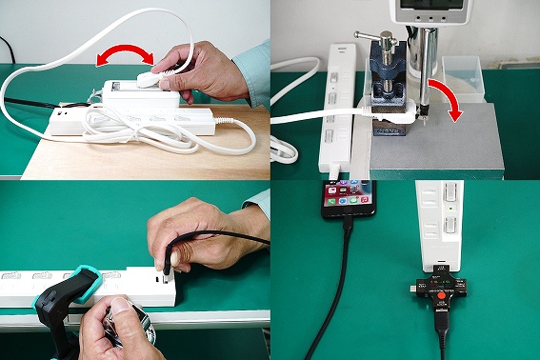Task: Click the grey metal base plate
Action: (x=448, y=143)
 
